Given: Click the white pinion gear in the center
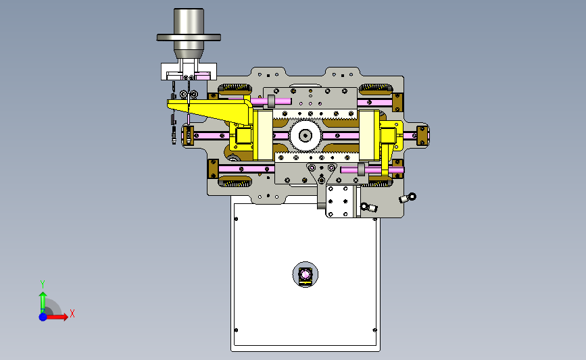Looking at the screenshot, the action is tap(306, 136).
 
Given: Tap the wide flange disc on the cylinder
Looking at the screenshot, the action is tap(189, 37).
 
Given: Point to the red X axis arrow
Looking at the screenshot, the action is tap(57, 317).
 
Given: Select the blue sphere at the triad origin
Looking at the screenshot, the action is tap(43, 317).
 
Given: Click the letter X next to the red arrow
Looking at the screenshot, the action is tap(72, 313).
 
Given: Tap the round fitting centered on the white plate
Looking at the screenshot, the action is tap(306, 275).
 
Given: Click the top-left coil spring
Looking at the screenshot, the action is tap(235, 88).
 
